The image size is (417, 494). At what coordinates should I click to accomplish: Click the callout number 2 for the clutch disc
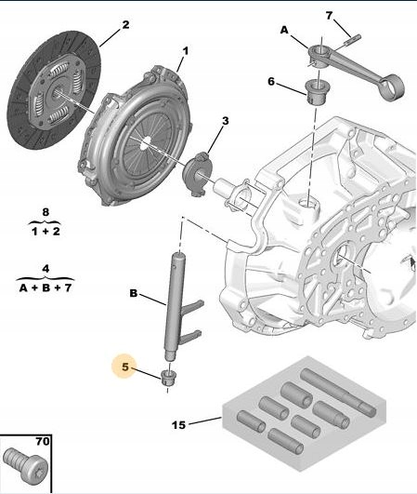pyautogui.click(x=125, y=24)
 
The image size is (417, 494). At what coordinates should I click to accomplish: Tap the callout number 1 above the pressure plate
pyautogui.click(x=186, y=51)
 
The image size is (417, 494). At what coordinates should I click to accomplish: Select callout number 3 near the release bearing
pyautogui.click(x=226, y=121)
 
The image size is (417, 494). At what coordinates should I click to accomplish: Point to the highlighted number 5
pyautogui.click(x=125, y=367)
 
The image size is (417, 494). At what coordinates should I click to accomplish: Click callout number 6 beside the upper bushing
pyautogui.click(x=271, y=82)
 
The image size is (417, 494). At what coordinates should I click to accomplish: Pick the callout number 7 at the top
pyautogui.click(x=329, y=16)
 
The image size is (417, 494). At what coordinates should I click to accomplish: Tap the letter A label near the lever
pyautogui.click(x=284, y=30)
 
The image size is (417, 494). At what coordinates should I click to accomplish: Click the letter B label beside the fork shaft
pyautogui.click(x=134, y=293)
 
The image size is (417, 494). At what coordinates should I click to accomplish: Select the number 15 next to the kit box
pyautogui.click(x=178, y=425)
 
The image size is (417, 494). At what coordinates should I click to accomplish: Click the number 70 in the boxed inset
pyautogui.click(x=43, y=441)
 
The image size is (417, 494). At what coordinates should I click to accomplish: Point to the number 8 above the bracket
pyautogui.click(x=46, y=212)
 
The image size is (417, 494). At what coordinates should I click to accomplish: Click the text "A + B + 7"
pyautogui.click(x=46, y=287)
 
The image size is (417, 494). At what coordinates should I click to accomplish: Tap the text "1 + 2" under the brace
pyautogui.click(x=46, y=232)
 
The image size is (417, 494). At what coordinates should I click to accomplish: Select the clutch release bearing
pyautogui.click(x=198, y=173)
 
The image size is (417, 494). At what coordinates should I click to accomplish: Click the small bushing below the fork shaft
pyautogui.click(x=168, y=378)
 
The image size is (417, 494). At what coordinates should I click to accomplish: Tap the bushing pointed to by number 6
pyautogui.click(x=316, y=92)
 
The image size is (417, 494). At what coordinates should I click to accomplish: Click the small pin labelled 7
pyautogui.click(x=352, y=40)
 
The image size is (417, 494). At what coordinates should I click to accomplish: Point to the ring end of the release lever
pyautogui.click(x=393, y=87)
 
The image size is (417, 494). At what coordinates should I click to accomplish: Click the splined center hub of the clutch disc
pyautogui.click(x=56, y=93)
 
